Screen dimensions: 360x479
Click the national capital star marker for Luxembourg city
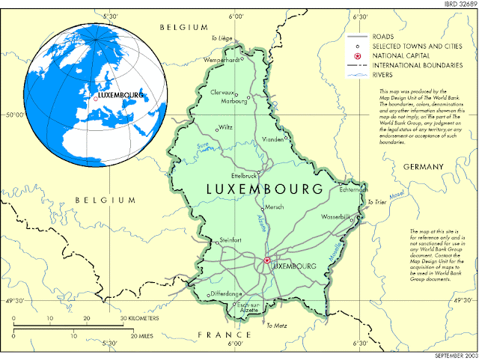pyautogui.click(x=266, y=260)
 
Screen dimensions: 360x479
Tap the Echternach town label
pyautogui.click(x=346, y=189)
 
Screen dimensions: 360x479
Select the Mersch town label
pyautogui.click(x=275, y=207)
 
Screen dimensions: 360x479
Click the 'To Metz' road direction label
pyautogui.click(x=276, y=326)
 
